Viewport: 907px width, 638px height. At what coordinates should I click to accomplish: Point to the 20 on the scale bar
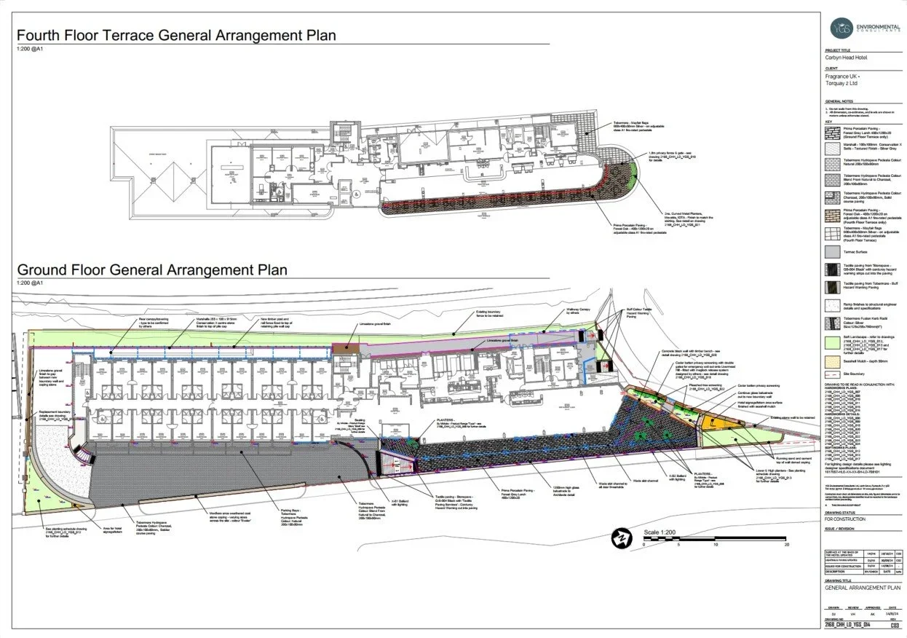click(x=787, y=544)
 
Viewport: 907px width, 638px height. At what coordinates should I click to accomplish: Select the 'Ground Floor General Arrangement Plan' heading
click(x=151, y=270)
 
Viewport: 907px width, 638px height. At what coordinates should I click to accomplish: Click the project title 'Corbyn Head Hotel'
click(x=846, y=57)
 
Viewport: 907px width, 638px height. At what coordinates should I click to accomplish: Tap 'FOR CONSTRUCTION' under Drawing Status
click(x=845, y=519)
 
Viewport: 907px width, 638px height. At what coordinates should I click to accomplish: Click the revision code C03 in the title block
click(x=893, y=624)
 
